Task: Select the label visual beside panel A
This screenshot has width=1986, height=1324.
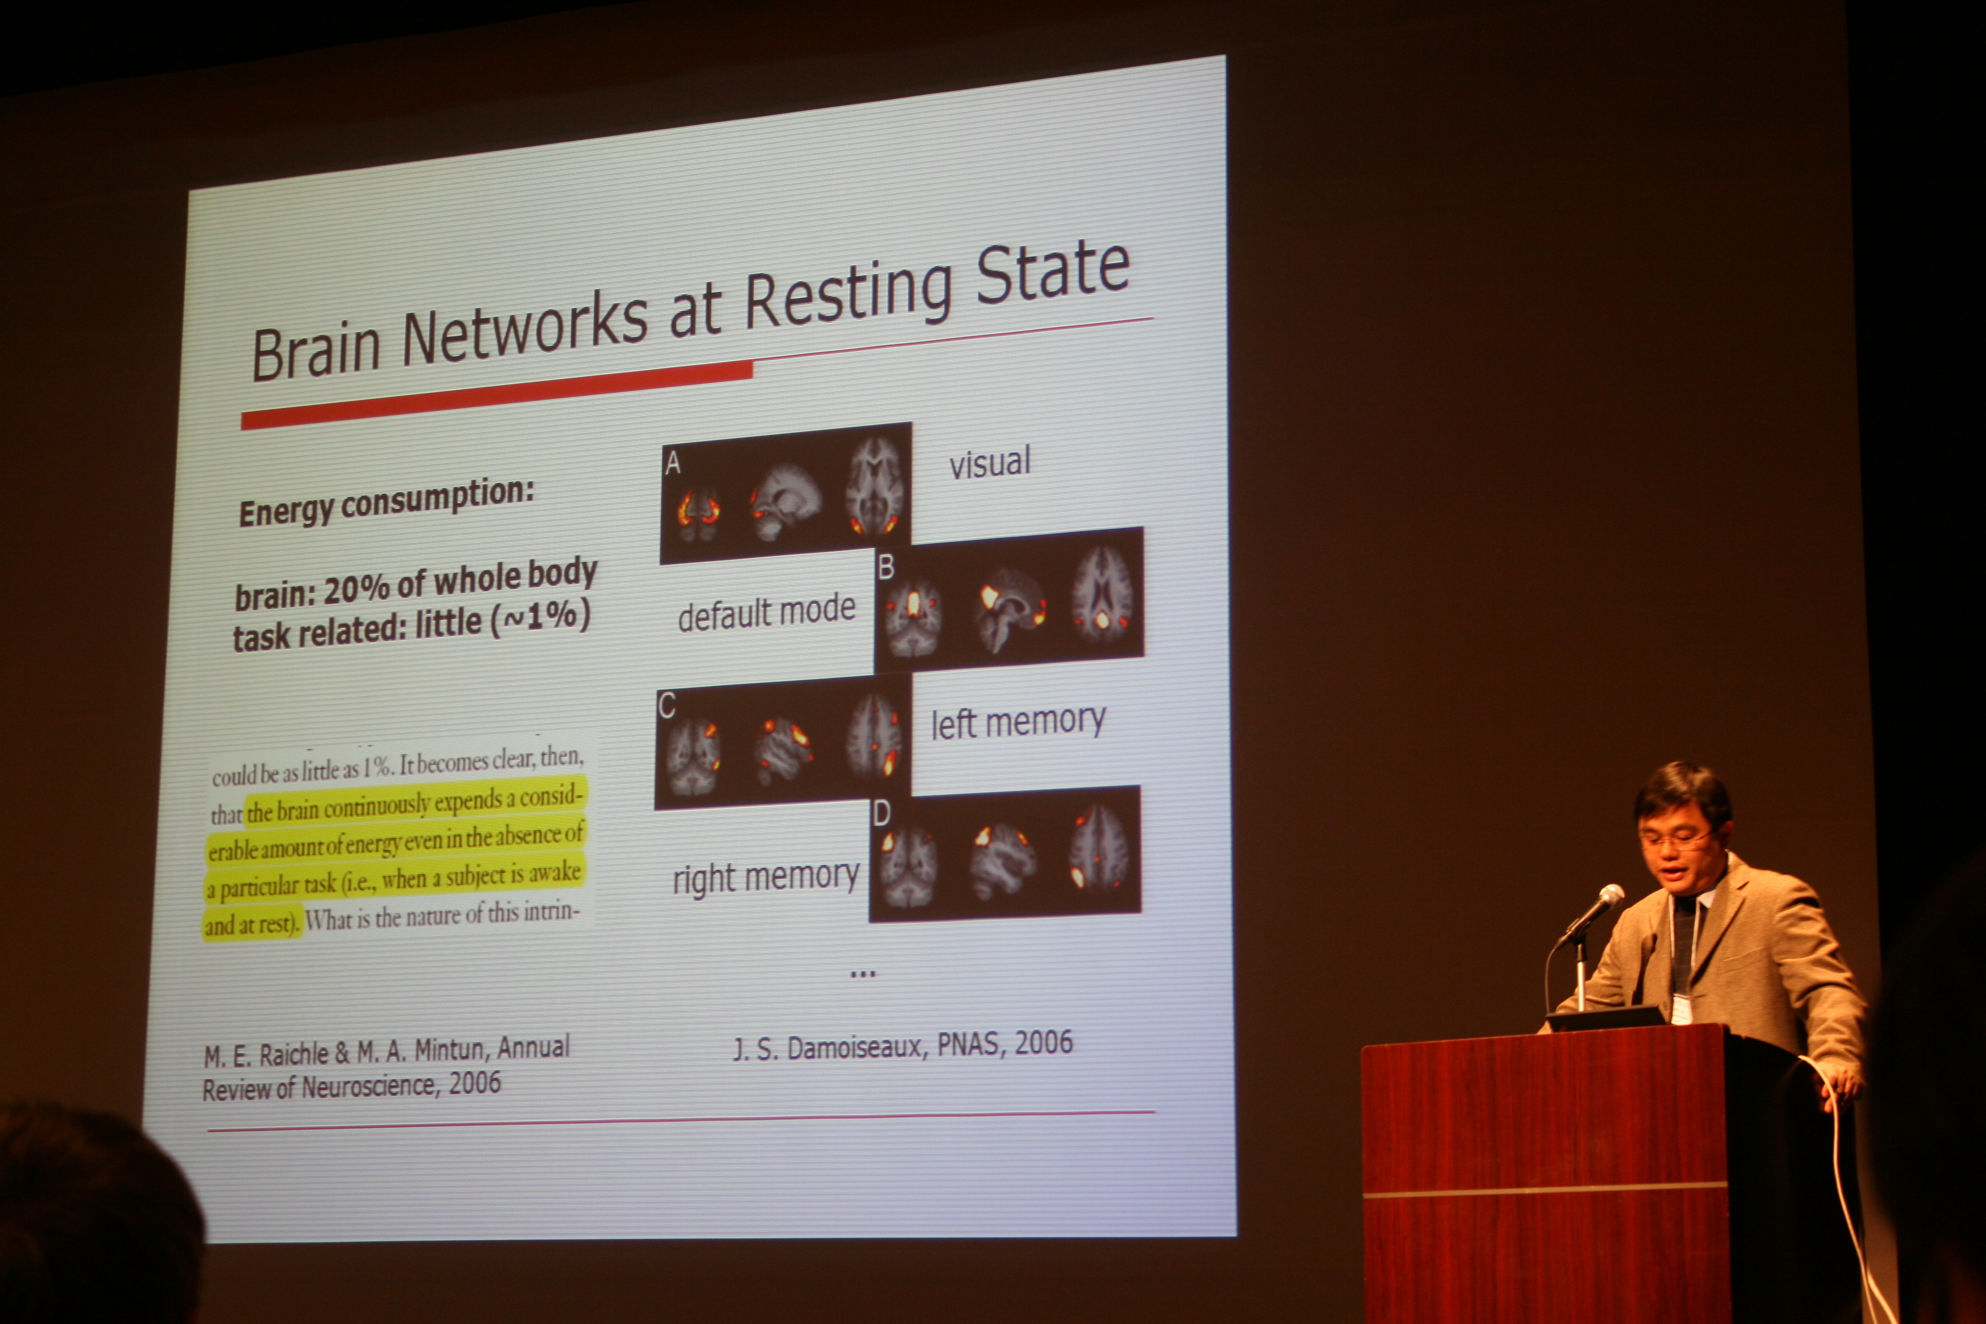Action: click(989, 463)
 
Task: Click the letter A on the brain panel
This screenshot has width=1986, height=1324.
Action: click(673, 463)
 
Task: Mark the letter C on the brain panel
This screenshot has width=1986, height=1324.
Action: click(667, 706)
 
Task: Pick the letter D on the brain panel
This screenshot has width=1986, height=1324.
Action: click(882, 813)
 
